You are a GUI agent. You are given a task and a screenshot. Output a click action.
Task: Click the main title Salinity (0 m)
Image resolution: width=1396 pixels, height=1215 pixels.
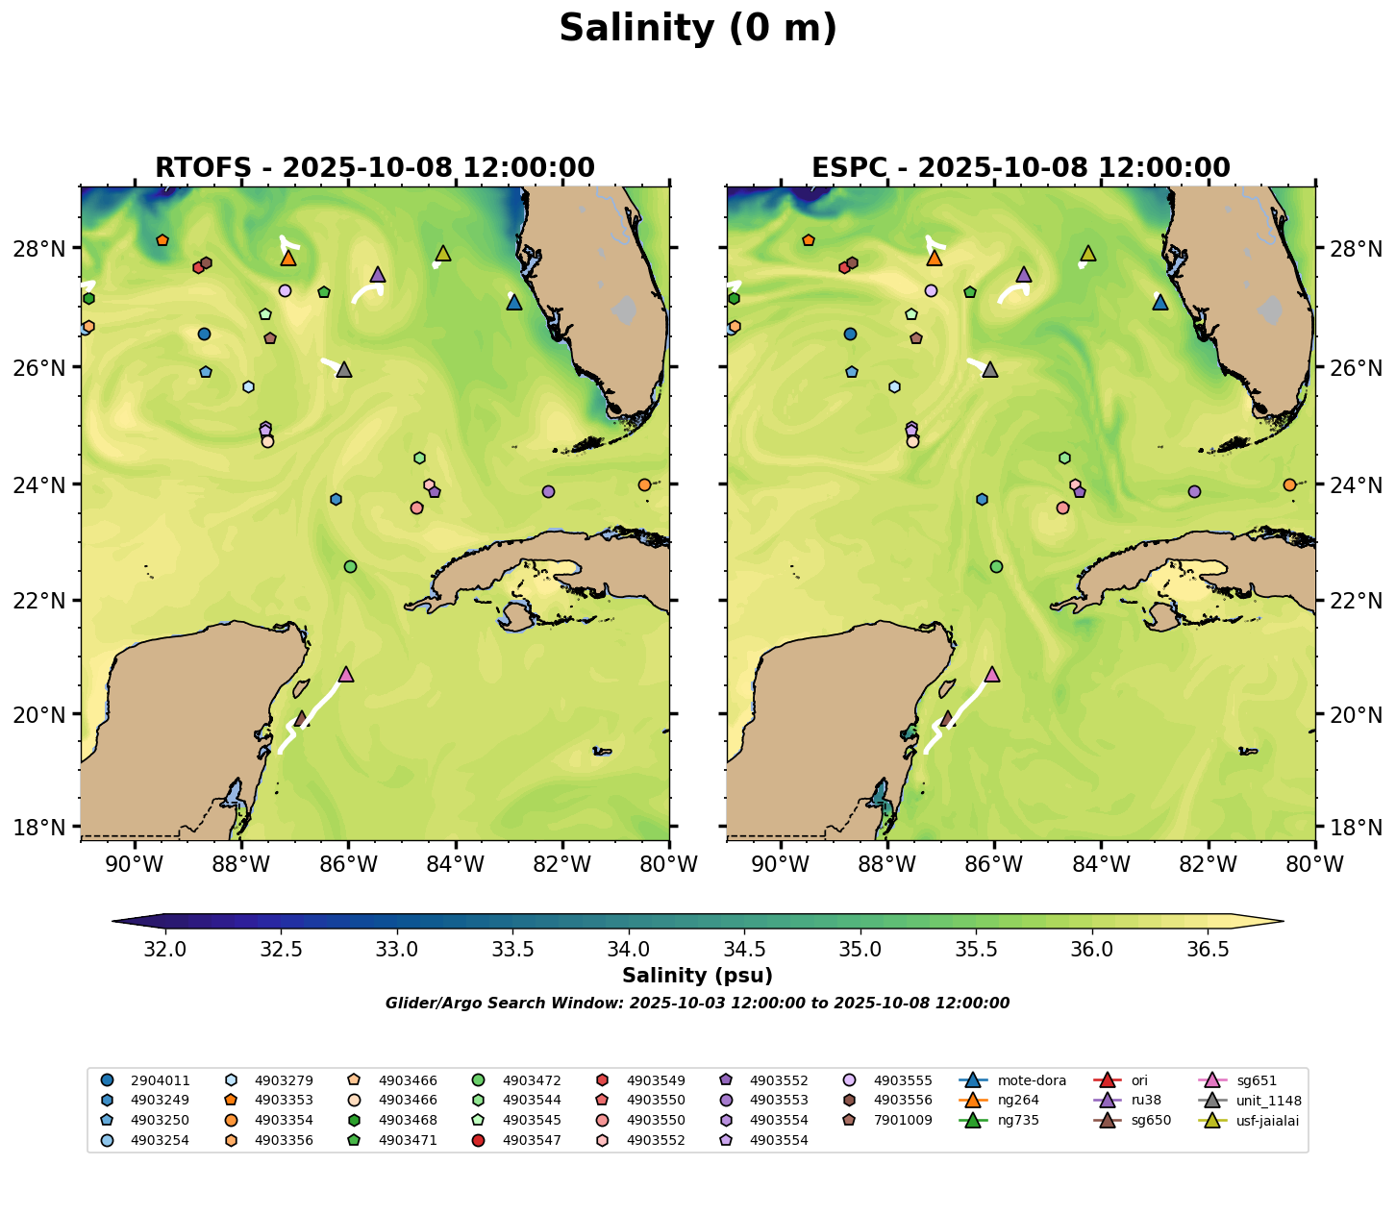[698, 29]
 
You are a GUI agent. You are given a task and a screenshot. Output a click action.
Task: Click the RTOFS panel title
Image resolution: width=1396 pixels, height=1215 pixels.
[375, 168]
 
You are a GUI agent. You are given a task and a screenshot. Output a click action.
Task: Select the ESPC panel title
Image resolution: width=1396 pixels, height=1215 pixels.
[1021, 168]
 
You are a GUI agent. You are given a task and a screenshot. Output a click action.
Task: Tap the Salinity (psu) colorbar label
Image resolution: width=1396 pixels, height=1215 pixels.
[697, 977]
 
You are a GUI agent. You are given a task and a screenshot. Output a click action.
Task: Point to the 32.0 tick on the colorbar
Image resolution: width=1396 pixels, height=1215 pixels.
[165, 950]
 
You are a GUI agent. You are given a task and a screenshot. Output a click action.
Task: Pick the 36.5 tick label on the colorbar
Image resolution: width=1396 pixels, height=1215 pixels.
[1209, 950]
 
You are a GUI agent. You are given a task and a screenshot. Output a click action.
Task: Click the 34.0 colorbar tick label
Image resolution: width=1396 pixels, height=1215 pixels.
[629, 950]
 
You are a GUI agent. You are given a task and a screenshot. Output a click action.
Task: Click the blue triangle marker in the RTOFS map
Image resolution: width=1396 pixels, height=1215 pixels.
[514, 302]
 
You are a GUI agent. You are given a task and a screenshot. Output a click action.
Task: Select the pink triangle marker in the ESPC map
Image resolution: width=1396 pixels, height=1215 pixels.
[992, 674]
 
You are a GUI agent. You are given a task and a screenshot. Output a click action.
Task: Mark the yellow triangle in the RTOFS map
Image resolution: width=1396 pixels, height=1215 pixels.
[443, 253]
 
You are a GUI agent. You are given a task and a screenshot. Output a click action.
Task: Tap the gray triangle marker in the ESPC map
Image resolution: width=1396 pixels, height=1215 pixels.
[990, 369]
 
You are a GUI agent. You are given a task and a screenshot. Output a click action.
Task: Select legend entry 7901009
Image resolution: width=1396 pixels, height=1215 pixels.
[903, 1121]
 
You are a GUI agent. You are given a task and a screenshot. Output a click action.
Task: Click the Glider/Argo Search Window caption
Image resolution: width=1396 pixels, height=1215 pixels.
[697, 1004]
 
